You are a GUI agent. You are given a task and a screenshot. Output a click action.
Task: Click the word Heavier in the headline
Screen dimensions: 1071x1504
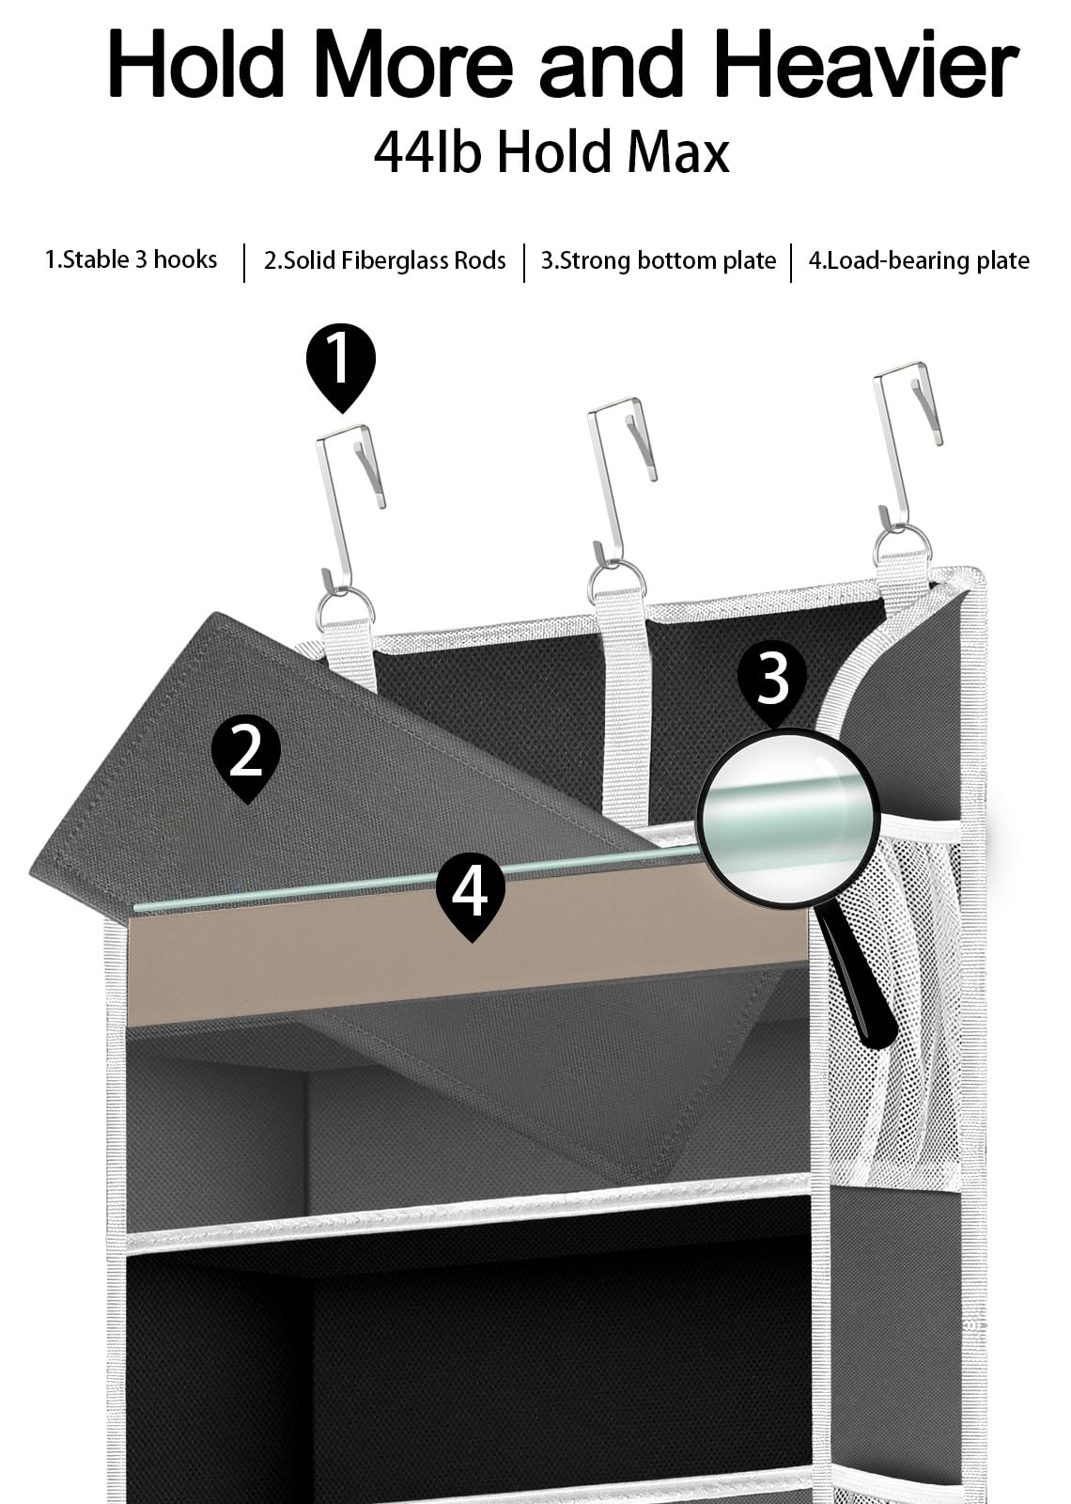[865, 64]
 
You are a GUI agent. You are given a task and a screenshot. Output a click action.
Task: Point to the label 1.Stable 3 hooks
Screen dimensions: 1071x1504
[131, 259]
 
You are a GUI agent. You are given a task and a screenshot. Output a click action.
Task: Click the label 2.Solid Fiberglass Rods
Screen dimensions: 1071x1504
[384, 260]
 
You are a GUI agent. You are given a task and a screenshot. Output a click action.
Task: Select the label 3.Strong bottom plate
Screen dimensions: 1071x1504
[659, 260]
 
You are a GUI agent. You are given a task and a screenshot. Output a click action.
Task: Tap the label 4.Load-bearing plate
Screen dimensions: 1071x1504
[919, 260]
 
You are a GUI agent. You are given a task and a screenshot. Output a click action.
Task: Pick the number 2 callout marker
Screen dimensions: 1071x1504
[246, 759]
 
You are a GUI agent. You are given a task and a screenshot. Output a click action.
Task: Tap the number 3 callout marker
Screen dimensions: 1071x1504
[771, 683]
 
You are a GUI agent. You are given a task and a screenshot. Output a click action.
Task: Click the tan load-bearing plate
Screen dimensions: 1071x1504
[468, 952]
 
